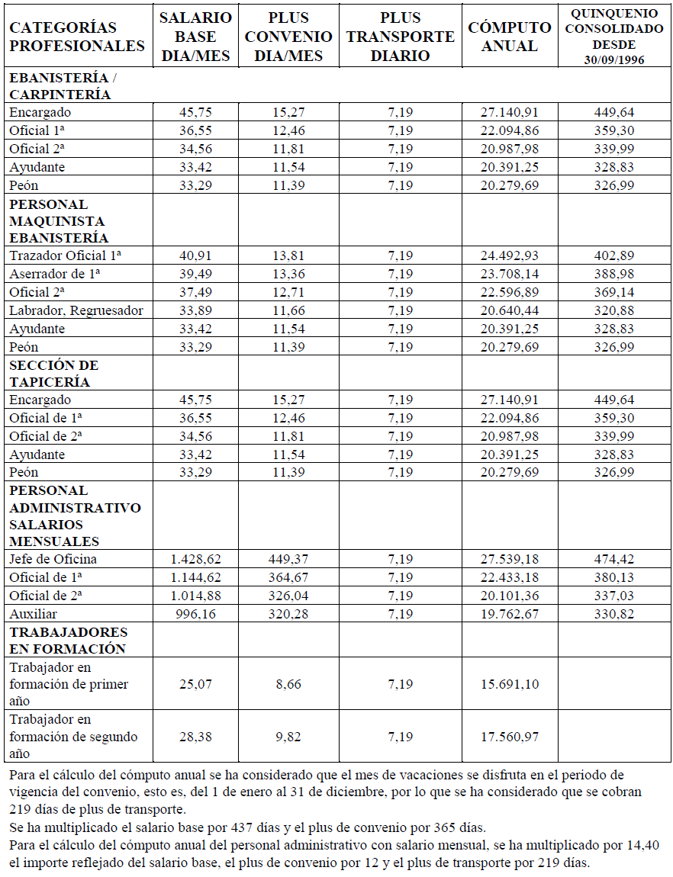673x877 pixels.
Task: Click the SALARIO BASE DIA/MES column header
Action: coord(195,37)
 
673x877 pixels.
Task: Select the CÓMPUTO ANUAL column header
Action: coord(510,37)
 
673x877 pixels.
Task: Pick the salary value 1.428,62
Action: coord(195,559)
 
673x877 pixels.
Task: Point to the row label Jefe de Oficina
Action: coord(53,559)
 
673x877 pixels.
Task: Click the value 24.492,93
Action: coord(510,255)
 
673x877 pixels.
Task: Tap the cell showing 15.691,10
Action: coord(510,684)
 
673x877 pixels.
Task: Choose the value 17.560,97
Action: coord(510,737)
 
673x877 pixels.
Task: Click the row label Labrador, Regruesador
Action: coord(76,310)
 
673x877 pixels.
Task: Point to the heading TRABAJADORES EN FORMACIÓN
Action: coord(68,640)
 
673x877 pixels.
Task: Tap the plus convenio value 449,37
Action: coord(289,559)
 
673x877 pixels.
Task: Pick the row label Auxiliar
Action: coord(34,614)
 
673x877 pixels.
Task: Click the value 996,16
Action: coord(195,614)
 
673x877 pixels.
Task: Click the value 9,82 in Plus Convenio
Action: coord(289,737)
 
